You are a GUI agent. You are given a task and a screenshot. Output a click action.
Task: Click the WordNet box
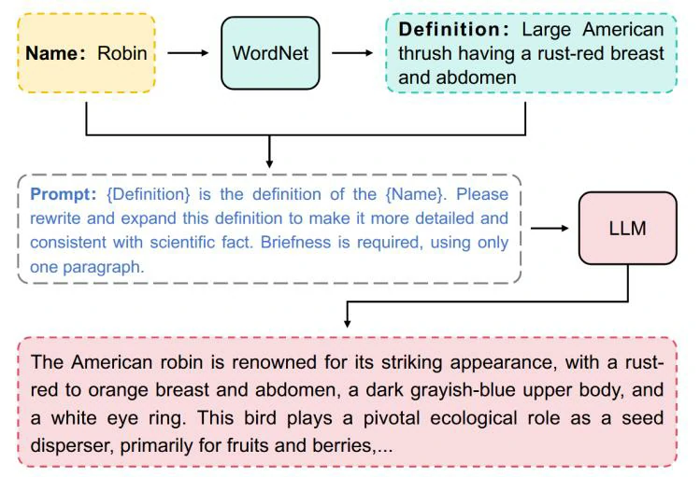pos(270,53)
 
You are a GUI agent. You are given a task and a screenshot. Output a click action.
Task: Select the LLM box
pos(627,228)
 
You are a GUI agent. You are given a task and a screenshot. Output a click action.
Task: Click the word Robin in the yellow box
pos(122,53)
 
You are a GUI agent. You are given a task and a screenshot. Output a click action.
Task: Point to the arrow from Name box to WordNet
pos(188,53)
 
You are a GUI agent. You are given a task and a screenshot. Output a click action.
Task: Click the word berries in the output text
pos(339,446)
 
